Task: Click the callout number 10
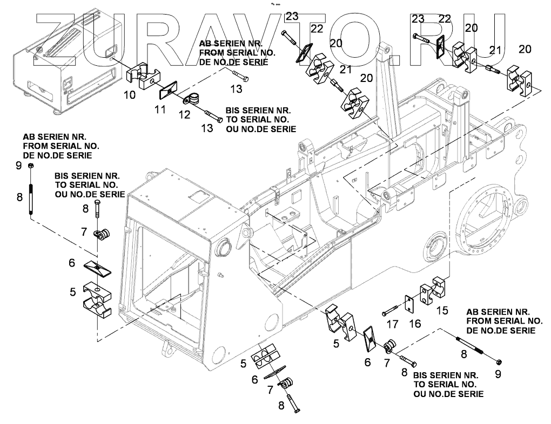[x=130, y=95]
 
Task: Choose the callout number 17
[x=392, y=325]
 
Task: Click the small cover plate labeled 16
[x=410, y=304]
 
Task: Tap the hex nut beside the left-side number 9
[x=31, y=166]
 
